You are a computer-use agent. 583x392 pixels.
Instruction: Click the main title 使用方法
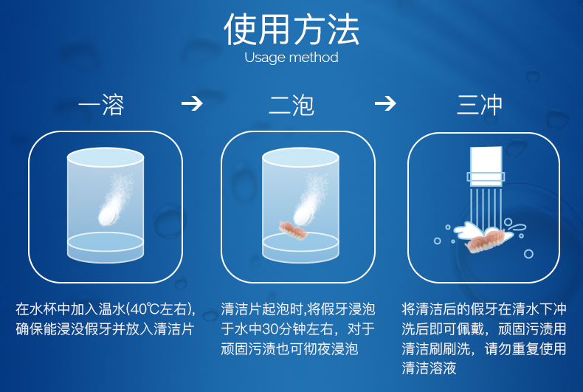tap(291, 30)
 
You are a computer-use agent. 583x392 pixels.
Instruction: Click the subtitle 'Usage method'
tap(291, 58)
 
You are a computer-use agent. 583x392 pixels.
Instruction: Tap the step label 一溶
tap(102, 105)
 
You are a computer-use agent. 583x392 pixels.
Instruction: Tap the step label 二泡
tap(291, 105)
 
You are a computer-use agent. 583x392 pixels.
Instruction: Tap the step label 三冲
tap(480, 105)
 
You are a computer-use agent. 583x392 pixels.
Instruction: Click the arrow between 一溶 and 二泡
tap(192, 103)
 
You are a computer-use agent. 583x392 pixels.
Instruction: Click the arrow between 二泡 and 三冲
tap(384, 103)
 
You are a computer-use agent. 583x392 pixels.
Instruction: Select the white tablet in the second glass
tap(303, 214)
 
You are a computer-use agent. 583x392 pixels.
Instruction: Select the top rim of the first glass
tap(106, 157)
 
